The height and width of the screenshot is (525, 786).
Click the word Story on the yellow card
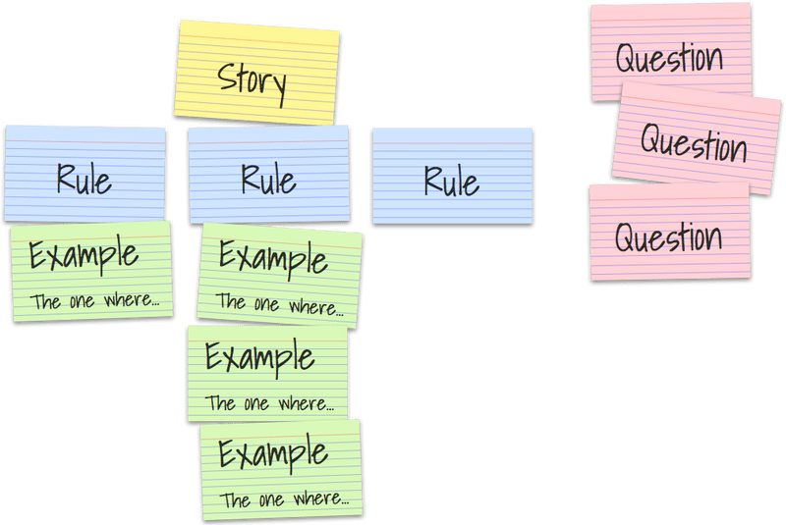point(252,79)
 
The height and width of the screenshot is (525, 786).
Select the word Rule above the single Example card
point(84,180)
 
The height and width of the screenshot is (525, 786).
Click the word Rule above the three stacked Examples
point(268,180)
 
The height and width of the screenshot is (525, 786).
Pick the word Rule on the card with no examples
point(451,181)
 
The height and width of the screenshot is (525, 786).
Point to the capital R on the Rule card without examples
point(432,181)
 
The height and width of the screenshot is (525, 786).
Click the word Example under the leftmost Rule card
point(84,256)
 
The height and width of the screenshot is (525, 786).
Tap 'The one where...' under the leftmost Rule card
point(95,301)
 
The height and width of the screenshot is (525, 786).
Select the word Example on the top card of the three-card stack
point(273,259)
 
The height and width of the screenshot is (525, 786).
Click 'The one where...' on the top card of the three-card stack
point(280,304)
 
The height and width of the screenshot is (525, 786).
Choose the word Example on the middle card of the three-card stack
point(260,356)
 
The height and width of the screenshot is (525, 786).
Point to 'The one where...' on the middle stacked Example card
point(269,402)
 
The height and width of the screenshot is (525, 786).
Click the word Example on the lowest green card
point(273,454)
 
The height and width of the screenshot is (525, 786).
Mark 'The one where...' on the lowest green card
point(284,499)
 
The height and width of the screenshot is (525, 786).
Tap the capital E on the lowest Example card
point(228,454)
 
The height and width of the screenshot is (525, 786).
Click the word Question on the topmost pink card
point(669,57)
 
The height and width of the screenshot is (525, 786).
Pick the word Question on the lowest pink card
point(668,236)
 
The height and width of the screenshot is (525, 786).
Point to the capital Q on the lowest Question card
point(626,236)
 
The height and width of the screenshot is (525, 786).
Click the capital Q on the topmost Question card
point(627,58)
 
